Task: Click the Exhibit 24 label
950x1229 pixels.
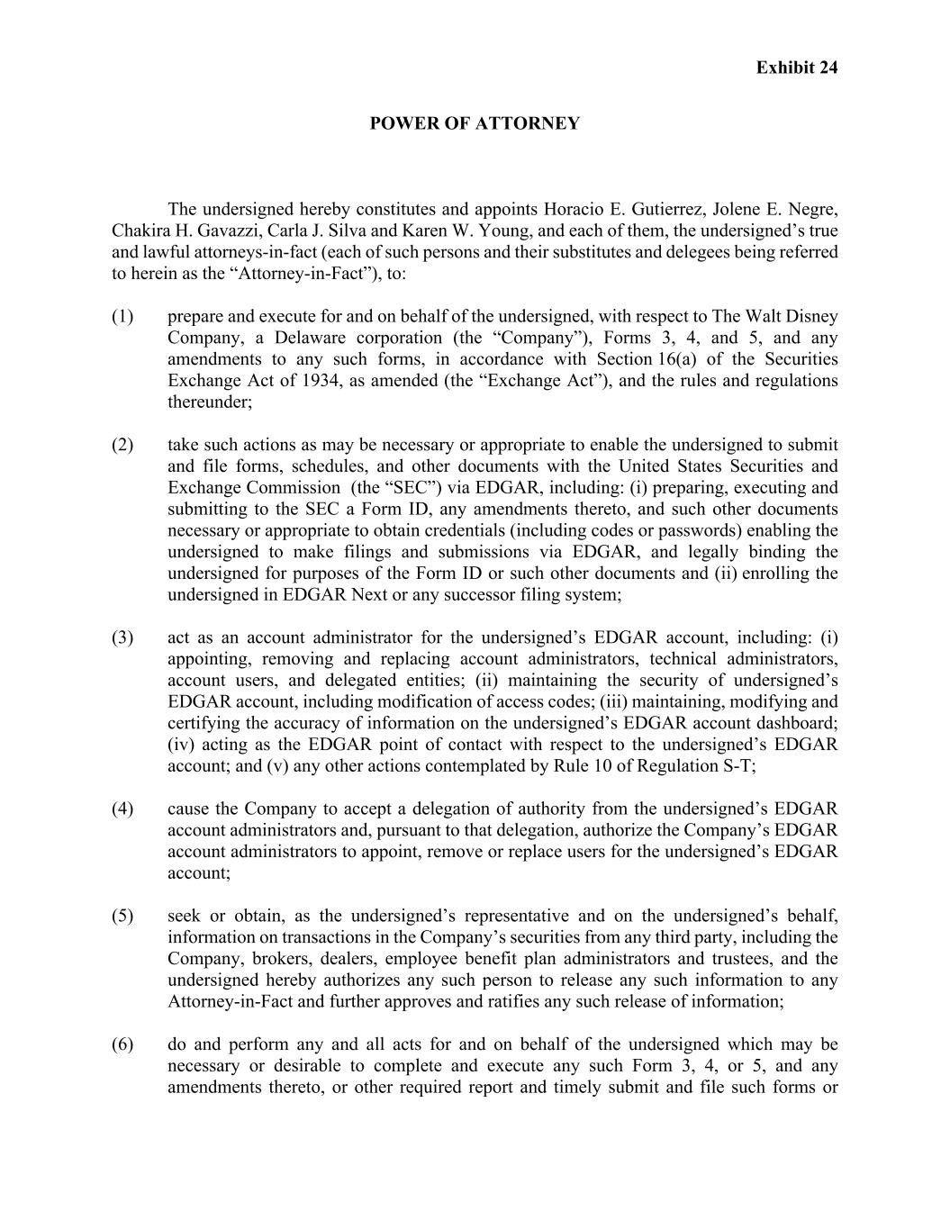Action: (796, 68)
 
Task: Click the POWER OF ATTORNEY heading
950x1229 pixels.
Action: (475, 123)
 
